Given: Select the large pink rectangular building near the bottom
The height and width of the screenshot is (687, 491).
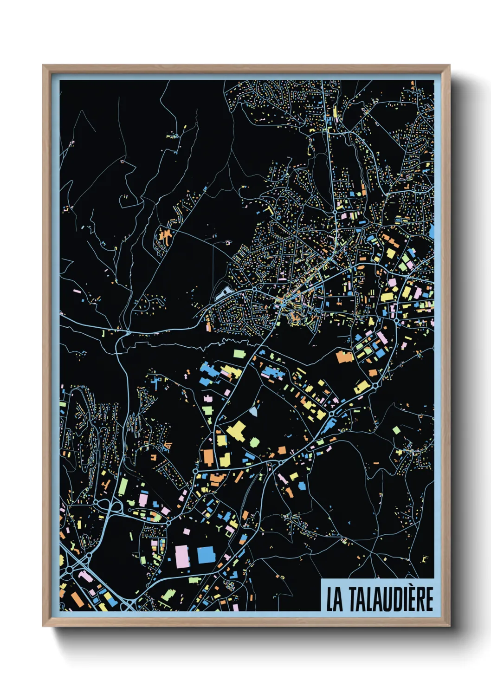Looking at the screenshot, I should [182, 556].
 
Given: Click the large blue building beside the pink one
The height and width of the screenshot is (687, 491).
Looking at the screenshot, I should [206, 555].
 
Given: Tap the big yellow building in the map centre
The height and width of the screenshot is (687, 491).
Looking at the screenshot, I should [236, 431].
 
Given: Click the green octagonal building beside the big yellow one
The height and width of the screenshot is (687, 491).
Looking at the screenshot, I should [254, 442].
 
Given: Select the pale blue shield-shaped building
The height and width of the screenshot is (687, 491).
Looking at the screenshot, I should [253, 411].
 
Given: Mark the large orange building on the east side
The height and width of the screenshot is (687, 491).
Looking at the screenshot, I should [344, 356].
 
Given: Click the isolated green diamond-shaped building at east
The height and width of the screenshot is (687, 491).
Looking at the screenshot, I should [396, 430].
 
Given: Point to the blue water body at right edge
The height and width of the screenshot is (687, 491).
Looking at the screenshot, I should [432, 231].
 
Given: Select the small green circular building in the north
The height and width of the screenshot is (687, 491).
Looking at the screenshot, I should [358, 193].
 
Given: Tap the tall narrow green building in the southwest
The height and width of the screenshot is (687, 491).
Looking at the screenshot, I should [123, 487].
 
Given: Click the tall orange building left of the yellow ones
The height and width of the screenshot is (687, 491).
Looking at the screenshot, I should [208, 457].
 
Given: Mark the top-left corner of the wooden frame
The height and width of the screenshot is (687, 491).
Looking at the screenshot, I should [44, 66].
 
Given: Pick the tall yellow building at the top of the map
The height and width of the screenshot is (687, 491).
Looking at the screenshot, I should [335, 112].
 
